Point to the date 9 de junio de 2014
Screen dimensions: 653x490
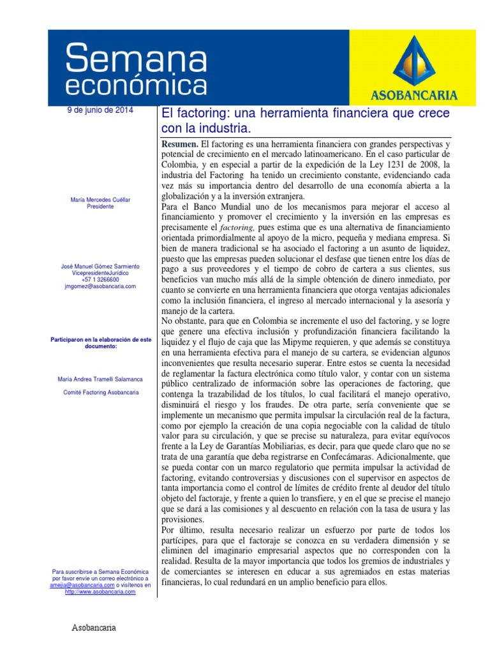click(100, 110)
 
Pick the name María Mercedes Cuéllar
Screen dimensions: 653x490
click(100, 200)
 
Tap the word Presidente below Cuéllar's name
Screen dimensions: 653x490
click(100, 207)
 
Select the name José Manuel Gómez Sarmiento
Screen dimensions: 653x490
click(100, 266)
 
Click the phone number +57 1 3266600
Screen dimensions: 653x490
click(100, 280)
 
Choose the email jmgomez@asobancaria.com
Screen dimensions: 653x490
click(100, 287)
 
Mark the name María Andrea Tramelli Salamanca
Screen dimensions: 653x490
click(100, 379)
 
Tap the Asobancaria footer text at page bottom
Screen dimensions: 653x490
click(93, 627)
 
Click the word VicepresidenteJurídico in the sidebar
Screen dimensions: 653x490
click(100, 273)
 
